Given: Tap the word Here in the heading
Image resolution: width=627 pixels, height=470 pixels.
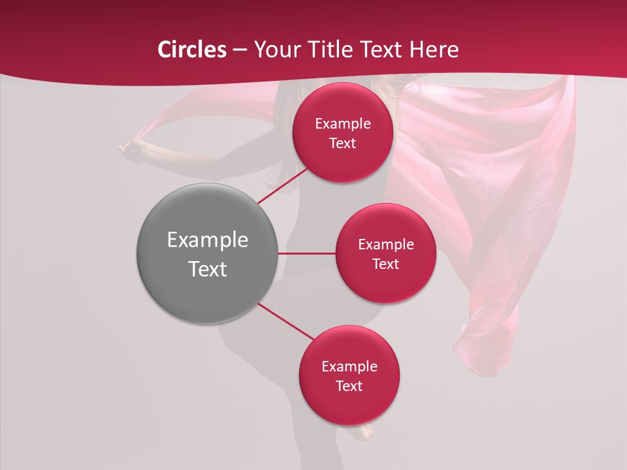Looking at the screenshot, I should point(434,50).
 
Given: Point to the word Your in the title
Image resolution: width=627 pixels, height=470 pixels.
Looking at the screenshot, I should point(276,50).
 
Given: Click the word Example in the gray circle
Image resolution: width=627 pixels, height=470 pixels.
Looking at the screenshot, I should point(208,240).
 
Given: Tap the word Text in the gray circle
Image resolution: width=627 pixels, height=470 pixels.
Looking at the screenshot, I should point(208,269).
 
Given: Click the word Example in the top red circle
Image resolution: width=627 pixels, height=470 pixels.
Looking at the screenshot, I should point(343,124).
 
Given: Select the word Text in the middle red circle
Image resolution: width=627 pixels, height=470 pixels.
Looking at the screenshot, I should point(385,264).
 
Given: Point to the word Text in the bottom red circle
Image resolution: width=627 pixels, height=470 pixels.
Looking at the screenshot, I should point(349,386).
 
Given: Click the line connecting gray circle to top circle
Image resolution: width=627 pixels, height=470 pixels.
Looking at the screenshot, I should point(282,185).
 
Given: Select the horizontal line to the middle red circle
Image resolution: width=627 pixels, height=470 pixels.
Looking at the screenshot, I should point(307,253).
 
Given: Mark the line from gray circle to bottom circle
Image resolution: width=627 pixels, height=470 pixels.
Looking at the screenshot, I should point(285,322).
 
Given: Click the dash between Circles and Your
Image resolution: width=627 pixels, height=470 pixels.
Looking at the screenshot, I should point(240,50).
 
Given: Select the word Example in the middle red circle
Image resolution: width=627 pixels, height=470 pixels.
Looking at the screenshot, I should point(385,245).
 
